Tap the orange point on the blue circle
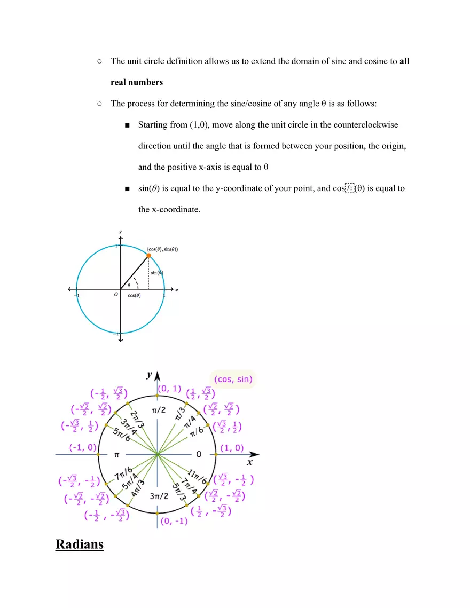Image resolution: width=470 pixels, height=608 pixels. pyautogui.click(x=148, y=256)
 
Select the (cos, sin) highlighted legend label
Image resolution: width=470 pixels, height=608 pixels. pyautogui.click(x=233, y=380)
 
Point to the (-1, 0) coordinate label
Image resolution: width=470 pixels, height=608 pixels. pyautogui.click(x=82, y=447)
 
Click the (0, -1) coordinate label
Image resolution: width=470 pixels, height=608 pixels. pyautogui.click(x=174, y=521)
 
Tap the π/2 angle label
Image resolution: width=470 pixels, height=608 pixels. pyautogui.click(x=158, y=409)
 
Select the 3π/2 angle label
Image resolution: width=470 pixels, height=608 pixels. pyautogui.click(x=159, y=496)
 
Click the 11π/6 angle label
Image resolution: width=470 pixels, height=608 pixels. pyautogui.click(x=197, y=473)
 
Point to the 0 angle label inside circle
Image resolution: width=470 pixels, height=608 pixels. pyautogui.click(x=198, y=454)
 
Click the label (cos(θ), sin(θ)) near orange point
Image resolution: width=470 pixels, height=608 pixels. pyautogui.click(x=162, y=249)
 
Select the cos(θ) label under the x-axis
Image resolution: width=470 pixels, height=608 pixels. pyautogui.click(x=134, y=295)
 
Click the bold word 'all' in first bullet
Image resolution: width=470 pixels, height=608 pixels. pyautogui.click(x=404, y=61)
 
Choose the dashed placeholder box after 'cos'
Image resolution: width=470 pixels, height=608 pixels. pyautogui.click(x=349, y=188)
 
